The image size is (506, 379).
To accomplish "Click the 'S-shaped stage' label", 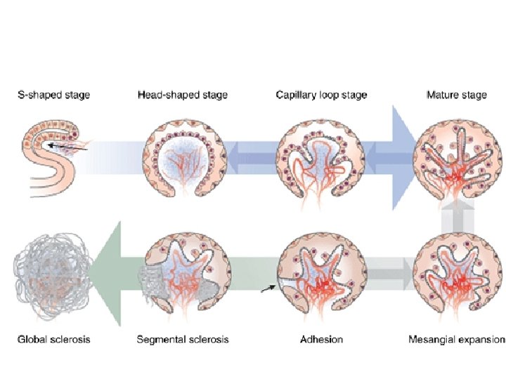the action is pyautogui.click(x=53, y=95).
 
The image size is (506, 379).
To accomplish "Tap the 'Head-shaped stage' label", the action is pyautogui.click(x=183, y=95).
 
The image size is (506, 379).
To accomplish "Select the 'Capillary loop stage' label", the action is pyautogui.click(x=321, y=95).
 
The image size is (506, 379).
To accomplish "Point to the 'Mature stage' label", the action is pyautogui.click(x=456, y=95).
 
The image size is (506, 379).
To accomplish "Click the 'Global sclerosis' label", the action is pyautogui.click(x=53, y=340).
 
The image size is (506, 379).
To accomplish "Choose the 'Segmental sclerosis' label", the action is pyautogui.click(x=182, y=340).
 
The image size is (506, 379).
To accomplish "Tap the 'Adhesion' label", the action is pyautogui.click(x=321, y=340).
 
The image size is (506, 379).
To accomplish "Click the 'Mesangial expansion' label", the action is pyautogui.click(x=456, y=340).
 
